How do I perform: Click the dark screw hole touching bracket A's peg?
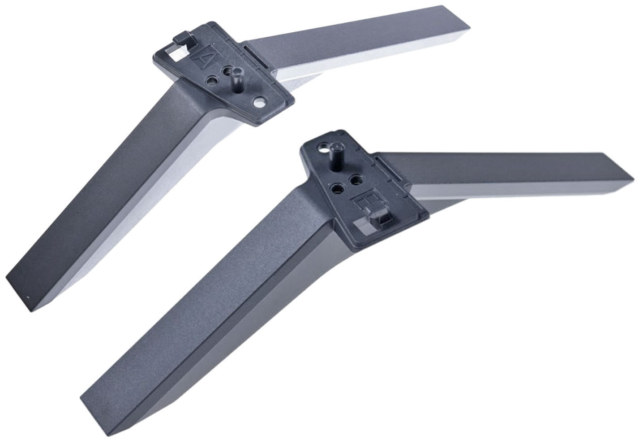point(230,71)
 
